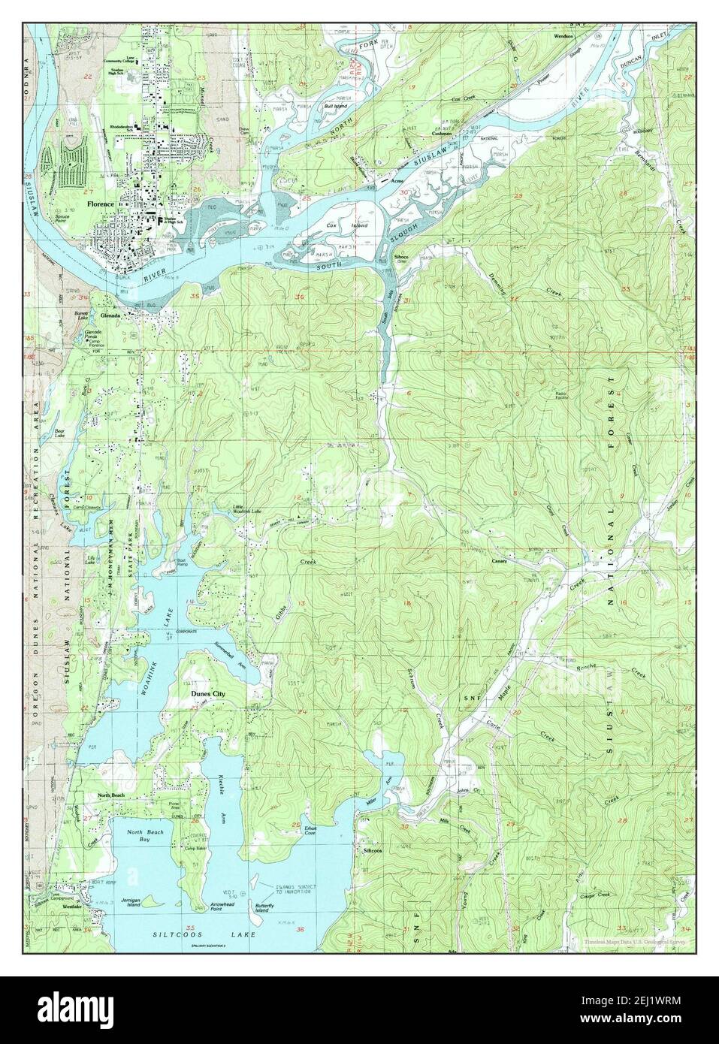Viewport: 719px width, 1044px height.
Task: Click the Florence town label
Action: click(x=99, y=204)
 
